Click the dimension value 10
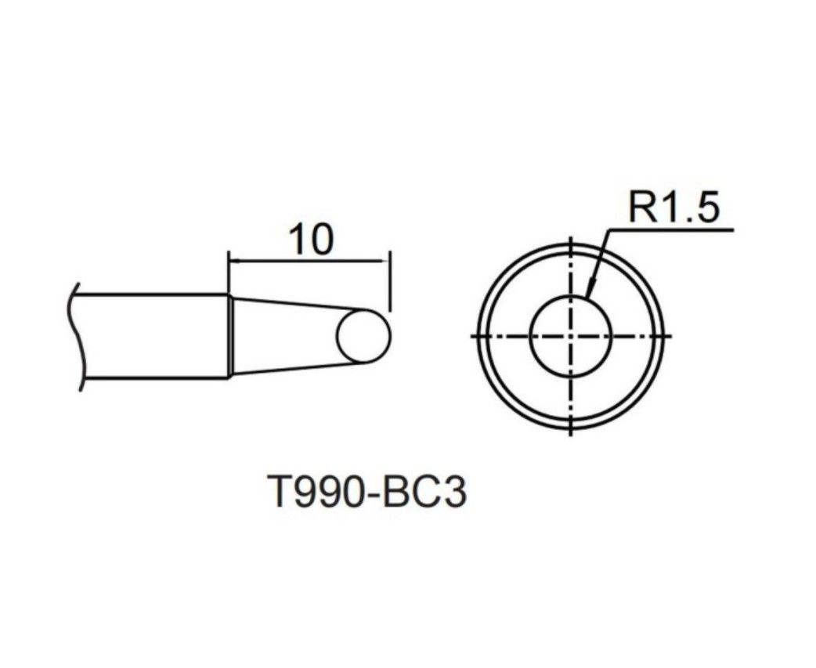point(310,240)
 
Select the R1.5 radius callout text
point(674,206)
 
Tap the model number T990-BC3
point(367,493)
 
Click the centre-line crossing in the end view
point(572,335)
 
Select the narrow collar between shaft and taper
point(229,337)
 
